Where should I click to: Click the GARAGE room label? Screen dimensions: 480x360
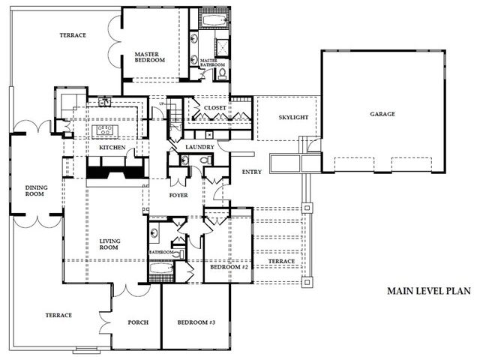point(382,114)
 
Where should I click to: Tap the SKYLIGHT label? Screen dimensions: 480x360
point(293,117)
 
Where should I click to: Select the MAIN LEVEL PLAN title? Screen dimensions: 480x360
point(429,291)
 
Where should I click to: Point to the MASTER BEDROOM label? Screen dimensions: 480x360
point(150,57)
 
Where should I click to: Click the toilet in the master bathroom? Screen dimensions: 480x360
point(222,73)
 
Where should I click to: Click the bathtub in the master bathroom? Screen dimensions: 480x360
point(214,21)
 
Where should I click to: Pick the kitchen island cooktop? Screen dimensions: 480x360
point(103,130)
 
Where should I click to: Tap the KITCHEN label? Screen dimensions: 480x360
point(112,148)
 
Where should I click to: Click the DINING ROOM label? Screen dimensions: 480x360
point(36,190)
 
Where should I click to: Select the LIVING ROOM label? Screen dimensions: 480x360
point(109,244)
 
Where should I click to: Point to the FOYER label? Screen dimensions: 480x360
point(178,195)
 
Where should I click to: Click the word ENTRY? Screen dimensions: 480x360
point(252,172)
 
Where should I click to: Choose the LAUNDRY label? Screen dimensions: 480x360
point(199,147)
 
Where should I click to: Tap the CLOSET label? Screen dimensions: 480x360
point(215,108)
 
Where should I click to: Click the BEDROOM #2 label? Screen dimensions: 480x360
point(229,267)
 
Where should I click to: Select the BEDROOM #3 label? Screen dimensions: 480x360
point(196,322)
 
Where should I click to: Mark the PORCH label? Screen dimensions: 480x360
point(138,322)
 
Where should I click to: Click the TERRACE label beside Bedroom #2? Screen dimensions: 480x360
point(282,262)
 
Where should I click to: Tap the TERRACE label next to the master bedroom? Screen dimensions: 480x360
point(73,35)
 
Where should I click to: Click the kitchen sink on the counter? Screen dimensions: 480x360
point(105,102)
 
